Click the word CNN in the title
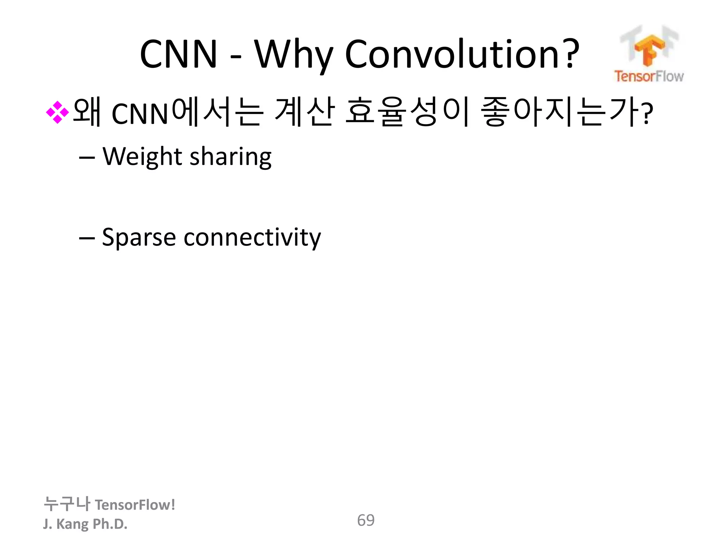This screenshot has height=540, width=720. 179,54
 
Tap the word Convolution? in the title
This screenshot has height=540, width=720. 462,54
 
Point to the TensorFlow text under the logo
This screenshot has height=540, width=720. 649,76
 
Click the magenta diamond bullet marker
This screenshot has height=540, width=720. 57,112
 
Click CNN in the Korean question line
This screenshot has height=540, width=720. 140,114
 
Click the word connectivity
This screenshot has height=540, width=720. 252,238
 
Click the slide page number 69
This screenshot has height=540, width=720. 366,520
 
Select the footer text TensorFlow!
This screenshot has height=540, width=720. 135,505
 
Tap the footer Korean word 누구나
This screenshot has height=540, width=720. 67,504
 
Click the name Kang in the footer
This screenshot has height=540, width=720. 72,524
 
